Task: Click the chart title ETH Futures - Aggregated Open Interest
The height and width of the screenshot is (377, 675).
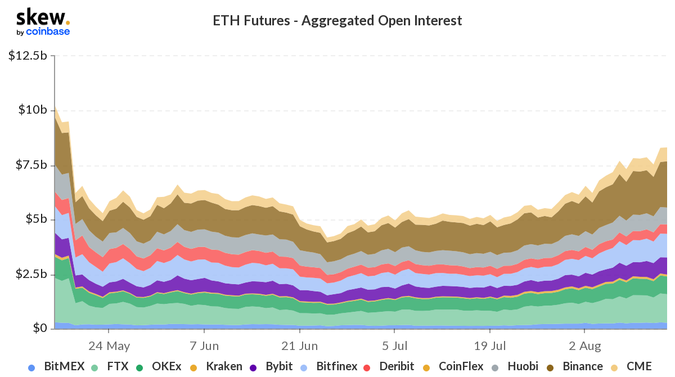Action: click(x=337, y=21)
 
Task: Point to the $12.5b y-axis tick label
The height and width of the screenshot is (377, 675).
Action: click(x=28, y=56)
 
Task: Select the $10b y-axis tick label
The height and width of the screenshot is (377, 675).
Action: click(x=31, y=110)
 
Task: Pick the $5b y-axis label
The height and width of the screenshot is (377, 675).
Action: click(x=34, y=219)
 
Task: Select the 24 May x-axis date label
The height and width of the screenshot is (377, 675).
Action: click(x=109, y=345)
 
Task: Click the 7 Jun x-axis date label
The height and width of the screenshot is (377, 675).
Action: click(x=204, y=345)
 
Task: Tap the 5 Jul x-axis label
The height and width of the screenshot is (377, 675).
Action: click(x=395, y=345)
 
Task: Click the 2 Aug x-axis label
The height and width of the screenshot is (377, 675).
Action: click(x=585, y=345)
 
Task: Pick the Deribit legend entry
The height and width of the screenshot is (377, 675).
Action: click(x=388, y=367)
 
